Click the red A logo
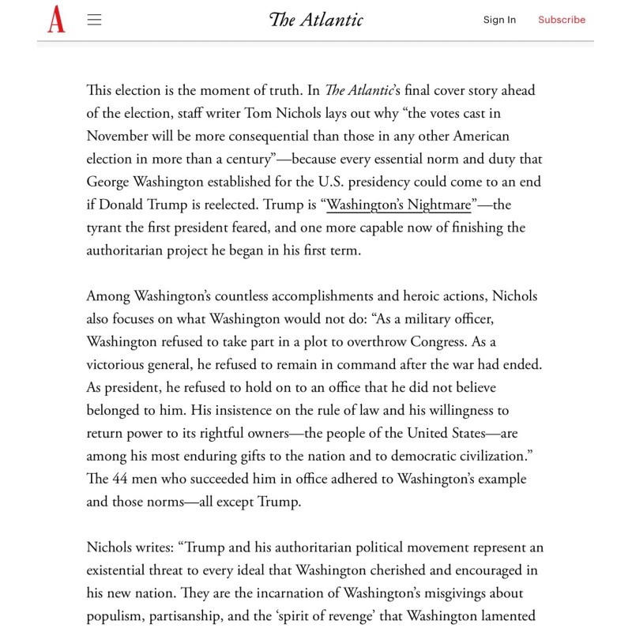tap(56, 19)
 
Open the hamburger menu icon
tap(95, 20)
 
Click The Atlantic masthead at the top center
tap(316, 20)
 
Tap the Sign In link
tap(499, 20)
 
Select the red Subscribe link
tap(562, 20)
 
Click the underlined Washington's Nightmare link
tap(399, 205)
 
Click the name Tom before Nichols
tap(260, 114)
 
